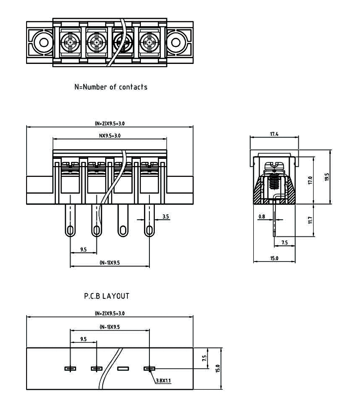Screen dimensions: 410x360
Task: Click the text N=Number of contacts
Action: [111, 87]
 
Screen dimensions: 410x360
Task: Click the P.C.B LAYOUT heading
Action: [107, 296]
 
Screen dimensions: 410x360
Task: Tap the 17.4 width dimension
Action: [274, 134]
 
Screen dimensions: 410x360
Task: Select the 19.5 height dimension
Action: [327, 177]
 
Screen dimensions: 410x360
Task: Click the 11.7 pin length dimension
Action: [310, 220]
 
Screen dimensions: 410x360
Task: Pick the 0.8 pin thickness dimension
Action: [262, 217]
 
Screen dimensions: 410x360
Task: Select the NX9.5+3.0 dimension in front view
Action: [110, 135]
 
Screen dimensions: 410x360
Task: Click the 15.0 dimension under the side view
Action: [274, 258]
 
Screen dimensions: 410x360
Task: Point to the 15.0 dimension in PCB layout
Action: [218, 369]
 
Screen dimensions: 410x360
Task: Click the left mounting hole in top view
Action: [44, 42]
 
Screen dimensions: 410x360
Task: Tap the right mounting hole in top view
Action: [175, 42]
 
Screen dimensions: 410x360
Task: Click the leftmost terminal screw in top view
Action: [70, 43]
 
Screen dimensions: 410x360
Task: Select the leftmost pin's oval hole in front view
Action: [70, 231]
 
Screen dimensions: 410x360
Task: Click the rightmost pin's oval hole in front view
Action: [149, 231]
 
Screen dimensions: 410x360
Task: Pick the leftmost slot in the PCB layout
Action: [70, 369]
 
